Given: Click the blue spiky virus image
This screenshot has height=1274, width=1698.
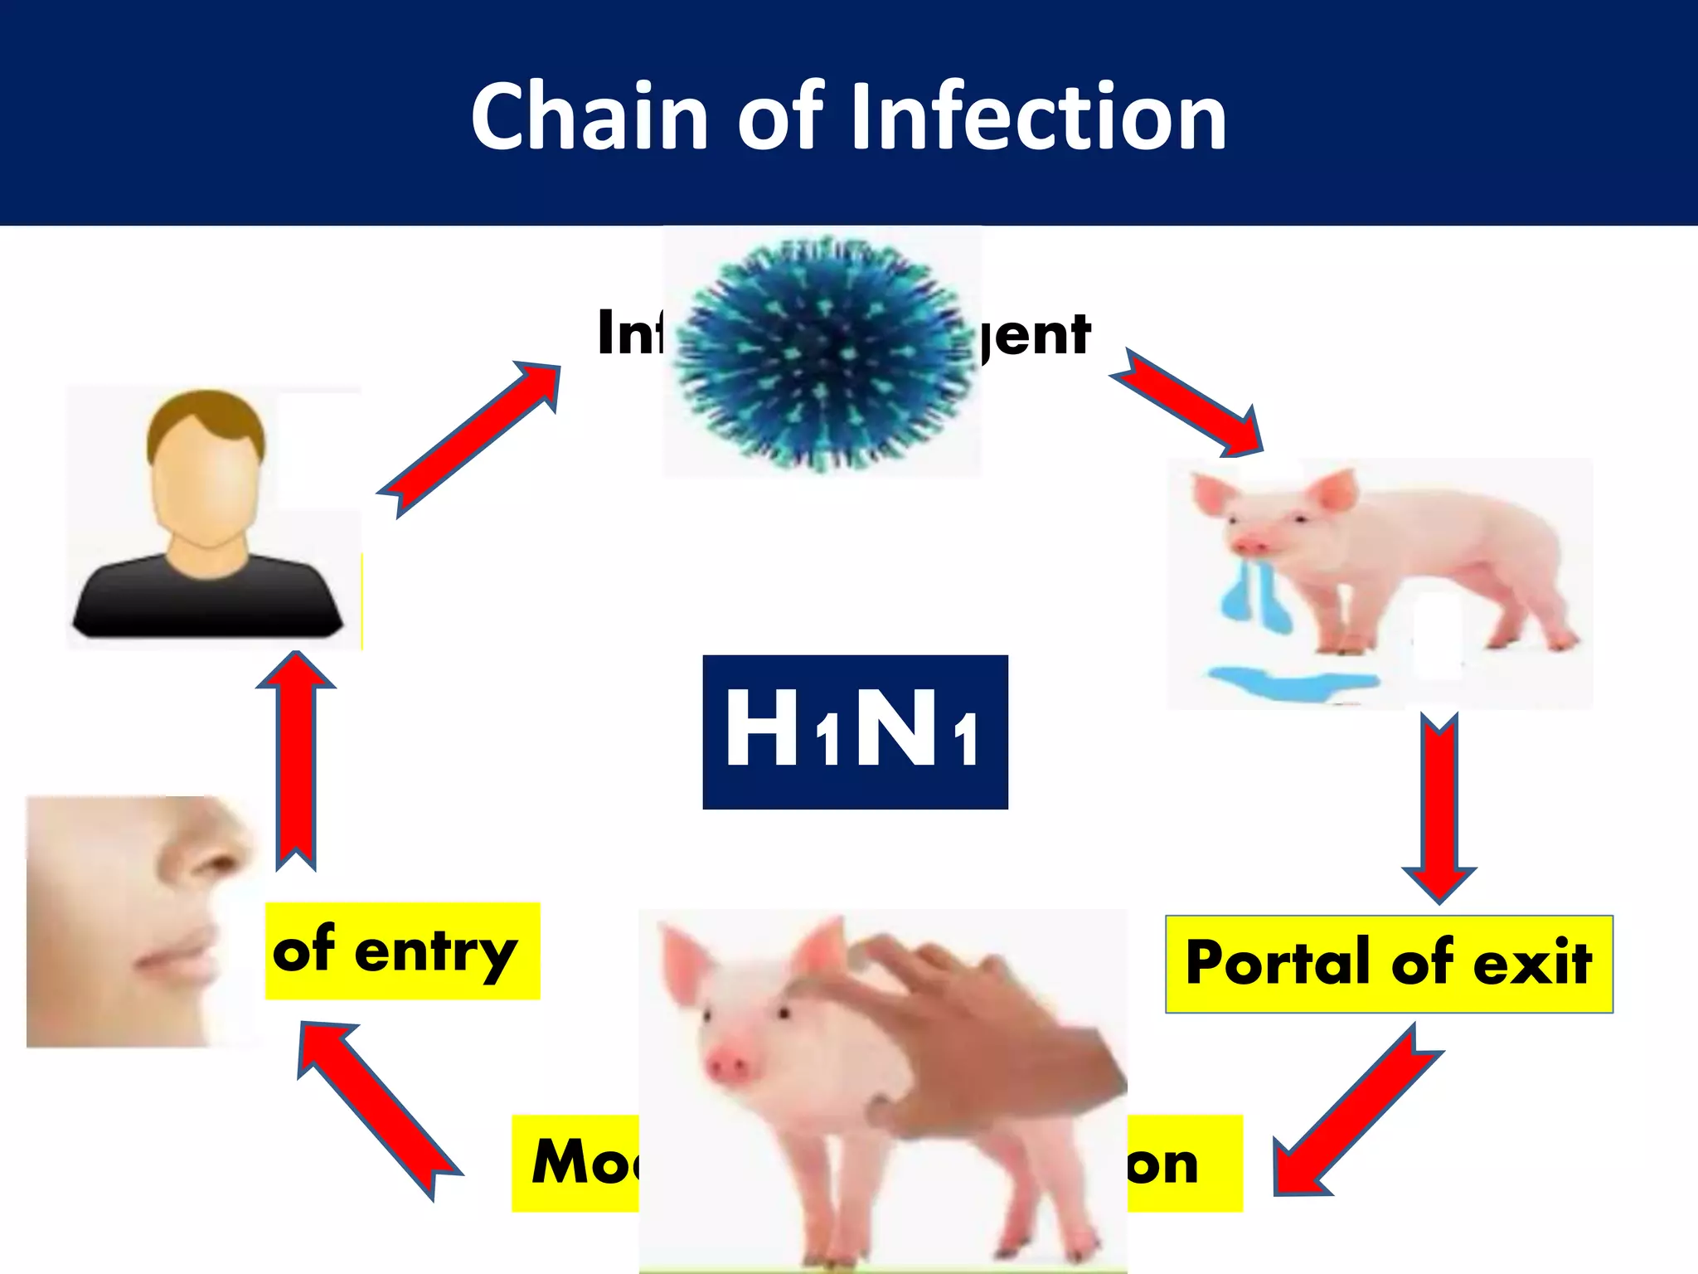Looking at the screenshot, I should coord(825,353).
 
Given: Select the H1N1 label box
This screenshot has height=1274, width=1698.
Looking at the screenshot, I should coord(855,732).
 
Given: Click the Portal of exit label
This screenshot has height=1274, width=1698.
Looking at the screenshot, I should coord(1389,964).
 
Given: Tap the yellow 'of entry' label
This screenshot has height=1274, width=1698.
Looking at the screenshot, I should coord(402,951).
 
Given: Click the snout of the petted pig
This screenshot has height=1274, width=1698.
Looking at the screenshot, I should coord(728,1064).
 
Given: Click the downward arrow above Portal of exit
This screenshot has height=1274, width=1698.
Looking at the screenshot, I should coord(1439,809).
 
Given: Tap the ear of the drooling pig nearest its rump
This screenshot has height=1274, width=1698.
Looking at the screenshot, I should coord(1335,489).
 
